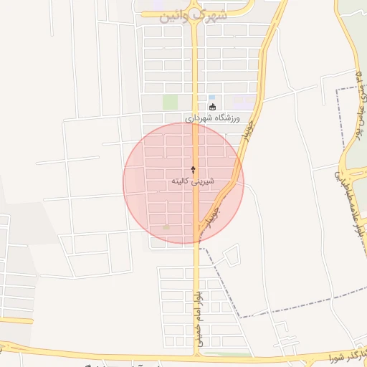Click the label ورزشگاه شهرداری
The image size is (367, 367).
click(x=215, y=117)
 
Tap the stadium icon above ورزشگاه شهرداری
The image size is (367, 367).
click(x=212, y=108)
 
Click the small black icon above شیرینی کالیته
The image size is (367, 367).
click(x=193, y=168)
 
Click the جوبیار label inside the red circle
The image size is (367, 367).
click(x=213, y=213)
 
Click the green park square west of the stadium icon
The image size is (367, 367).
click(x=170, y=103)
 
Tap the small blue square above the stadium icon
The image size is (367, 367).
click(x=211, y=97)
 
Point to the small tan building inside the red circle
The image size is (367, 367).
click(x=167, y=227)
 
